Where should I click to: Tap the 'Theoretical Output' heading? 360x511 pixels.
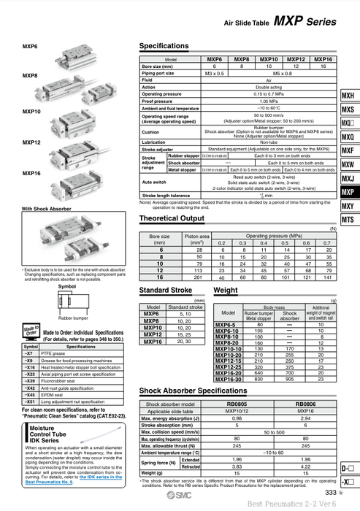172,218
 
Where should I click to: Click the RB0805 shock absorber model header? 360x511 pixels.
237,404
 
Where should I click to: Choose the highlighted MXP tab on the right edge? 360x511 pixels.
348,192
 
